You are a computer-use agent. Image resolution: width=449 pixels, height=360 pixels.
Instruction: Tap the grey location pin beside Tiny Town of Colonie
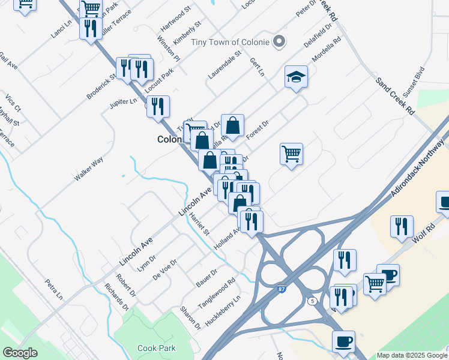point(278,42)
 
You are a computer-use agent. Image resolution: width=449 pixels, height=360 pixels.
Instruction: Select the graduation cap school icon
point(295,77)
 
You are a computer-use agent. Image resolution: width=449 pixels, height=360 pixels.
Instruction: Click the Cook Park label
point(155,348)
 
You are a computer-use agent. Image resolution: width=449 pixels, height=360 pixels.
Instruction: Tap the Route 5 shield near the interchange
point(312,301)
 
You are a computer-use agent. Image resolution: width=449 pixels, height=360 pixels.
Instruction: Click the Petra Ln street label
point(53,289)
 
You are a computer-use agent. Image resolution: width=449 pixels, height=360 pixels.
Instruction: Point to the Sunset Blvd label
point(414,81)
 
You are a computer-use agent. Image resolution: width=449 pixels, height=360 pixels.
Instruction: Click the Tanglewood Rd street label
point(217,293)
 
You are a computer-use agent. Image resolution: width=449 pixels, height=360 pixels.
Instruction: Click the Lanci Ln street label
point(61,29)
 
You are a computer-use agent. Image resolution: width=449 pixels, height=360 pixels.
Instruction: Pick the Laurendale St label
point(224,65)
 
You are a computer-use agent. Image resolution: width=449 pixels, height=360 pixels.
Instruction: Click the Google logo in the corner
point(20,353)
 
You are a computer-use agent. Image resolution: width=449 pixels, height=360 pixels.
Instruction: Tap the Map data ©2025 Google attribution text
point(412,355)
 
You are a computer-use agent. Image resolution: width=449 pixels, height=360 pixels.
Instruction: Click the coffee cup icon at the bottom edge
point(343,341)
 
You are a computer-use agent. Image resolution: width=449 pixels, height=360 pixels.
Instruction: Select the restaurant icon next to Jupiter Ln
point(158,107)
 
